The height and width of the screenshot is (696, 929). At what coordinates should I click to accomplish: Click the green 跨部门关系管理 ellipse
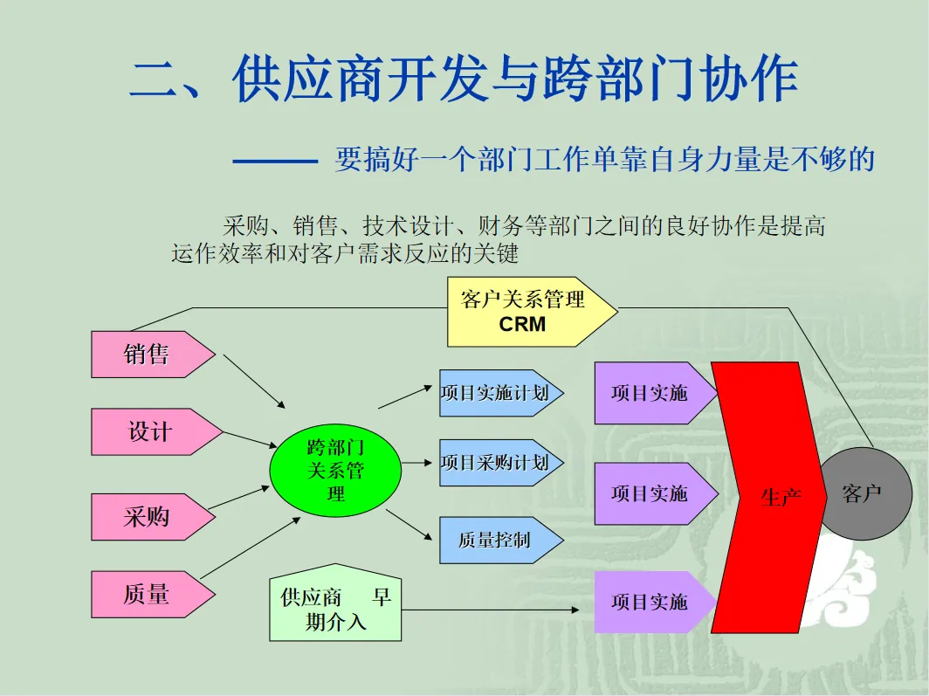[335, 471]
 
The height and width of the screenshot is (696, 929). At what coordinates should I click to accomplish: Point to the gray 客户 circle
[863, 494]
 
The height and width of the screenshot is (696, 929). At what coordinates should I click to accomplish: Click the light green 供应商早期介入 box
[335, 609]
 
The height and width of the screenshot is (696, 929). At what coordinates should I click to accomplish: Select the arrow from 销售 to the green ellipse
[254, 381]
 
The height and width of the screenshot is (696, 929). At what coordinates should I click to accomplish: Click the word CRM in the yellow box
[522, 325]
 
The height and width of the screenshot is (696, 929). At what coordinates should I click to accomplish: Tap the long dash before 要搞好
[275, 161]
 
